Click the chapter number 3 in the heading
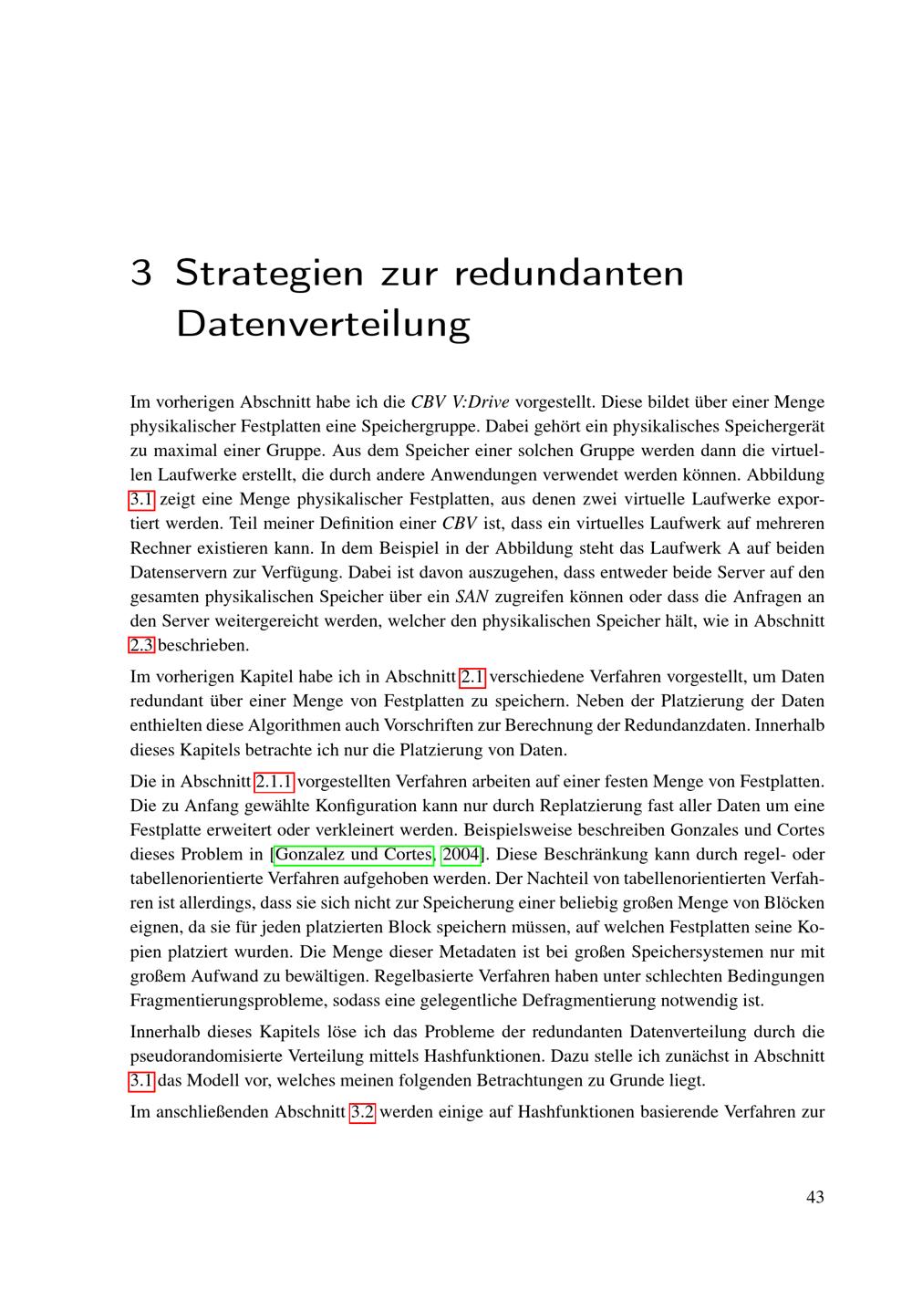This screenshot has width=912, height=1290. click(x=140, y=273)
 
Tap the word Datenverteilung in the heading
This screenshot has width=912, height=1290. click(x=323, y=324)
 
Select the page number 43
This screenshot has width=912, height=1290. click(x=814, y=1197)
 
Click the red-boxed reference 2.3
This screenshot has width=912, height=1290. click(x=142, y=646)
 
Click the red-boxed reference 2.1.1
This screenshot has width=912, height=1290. click(x=274, y=782)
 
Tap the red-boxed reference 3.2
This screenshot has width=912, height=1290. click(x=362, y=1112)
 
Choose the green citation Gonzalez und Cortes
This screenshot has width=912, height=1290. click(x=353, y=855)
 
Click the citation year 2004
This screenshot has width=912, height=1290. click(x=461, y=855)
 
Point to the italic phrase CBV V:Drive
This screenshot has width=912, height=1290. click(x=460, y=402)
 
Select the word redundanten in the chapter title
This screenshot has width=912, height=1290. click(x=568, y=273)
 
